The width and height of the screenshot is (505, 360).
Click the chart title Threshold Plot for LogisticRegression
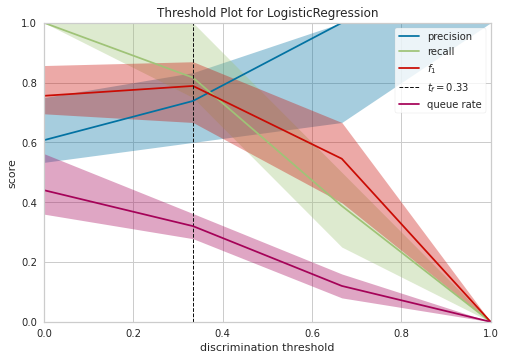tap(266, 13)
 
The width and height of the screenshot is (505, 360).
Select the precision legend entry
tap(449, 36)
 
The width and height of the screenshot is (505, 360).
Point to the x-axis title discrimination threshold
tap(266, 347)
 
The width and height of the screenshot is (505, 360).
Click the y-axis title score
tap(12, 172)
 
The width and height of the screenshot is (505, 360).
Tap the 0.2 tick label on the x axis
tap(133, 333)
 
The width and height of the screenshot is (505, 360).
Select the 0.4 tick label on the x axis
tap(222, 333)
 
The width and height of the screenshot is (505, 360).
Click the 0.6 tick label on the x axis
tap(311, 333)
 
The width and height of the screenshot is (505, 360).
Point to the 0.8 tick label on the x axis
tap(400, 333)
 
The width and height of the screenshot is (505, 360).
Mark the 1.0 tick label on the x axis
tap(489, 333)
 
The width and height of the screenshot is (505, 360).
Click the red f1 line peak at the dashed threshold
tap(193, 85)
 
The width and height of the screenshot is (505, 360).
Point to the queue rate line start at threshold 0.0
tap(45, 190)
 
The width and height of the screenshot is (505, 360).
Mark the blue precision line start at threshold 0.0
tap(45, 140)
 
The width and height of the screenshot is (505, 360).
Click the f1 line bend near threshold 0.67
tap(342, 158)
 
